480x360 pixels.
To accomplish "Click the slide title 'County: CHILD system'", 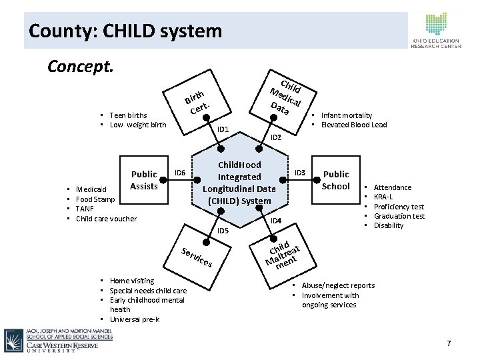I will coord(125,31).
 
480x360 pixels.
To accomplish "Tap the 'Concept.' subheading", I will coord(81,67).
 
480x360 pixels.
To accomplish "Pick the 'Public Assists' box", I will coord(143,180).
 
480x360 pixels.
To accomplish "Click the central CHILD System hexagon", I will coord(239,182).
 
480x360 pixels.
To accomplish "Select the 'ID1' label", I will coord(223,129).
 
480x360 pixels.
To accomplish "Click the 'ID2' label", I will coord(275,137).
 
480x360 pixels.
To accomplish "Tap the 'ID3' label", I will coord(299,173).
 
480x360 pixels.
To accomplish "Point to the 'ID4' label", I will coord(275,221).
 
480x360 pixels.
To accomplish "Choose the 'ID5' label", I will coord(223,231).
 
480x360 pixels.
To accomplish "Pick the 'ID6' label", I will coord(179,173).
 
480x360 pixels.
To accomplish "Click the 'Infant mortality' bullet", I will coord(347,115).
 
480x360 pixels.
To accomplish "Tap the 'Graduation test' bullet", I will coord(399,216).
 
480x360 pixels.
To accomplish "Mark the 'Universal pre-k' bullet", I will coord(134,319).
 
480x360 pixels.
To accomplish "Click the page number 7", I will coord(449,343).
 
